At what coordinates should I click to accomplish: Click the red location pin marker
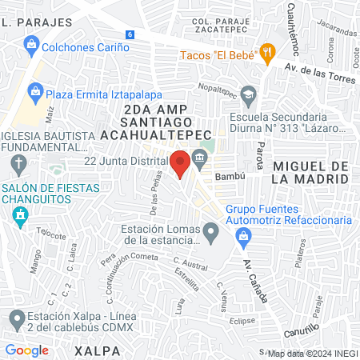[x=180, y=163]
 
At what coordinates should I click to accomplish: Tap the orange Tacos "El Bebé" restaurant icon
[x=268, y=54]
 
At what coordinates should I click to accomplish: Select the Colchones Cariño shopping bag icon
[x=31, y=47]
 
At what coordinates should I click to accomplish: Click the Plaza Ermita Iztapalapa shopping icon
[x=35, y=93]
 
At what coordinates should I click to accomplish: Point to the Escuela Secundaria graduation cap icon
[x=249, y=96]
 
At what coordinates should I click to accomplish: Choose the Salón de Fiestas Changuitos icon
[x=20, y=214]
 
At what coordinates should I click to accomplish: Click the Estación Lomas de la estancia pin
[x=211, y=234]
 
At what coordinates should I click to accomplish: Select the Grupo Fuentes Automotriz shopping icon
[x=244, y=235]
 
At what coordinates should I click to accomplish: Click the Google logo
[x=26, y=350]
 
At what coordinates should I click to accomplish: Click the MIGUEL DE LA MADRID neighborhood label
[x=310, y=172]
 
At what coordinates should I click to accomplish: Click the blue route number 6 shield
[x=129, y=34]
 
